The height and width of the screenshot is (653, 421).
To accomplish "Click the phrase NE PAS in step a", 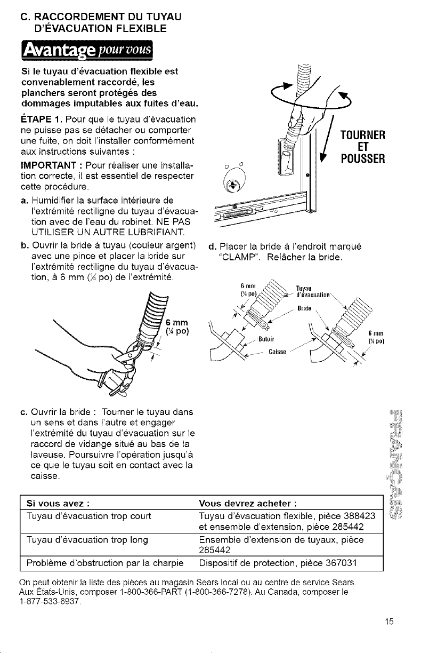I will click(x=175, y=220).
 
